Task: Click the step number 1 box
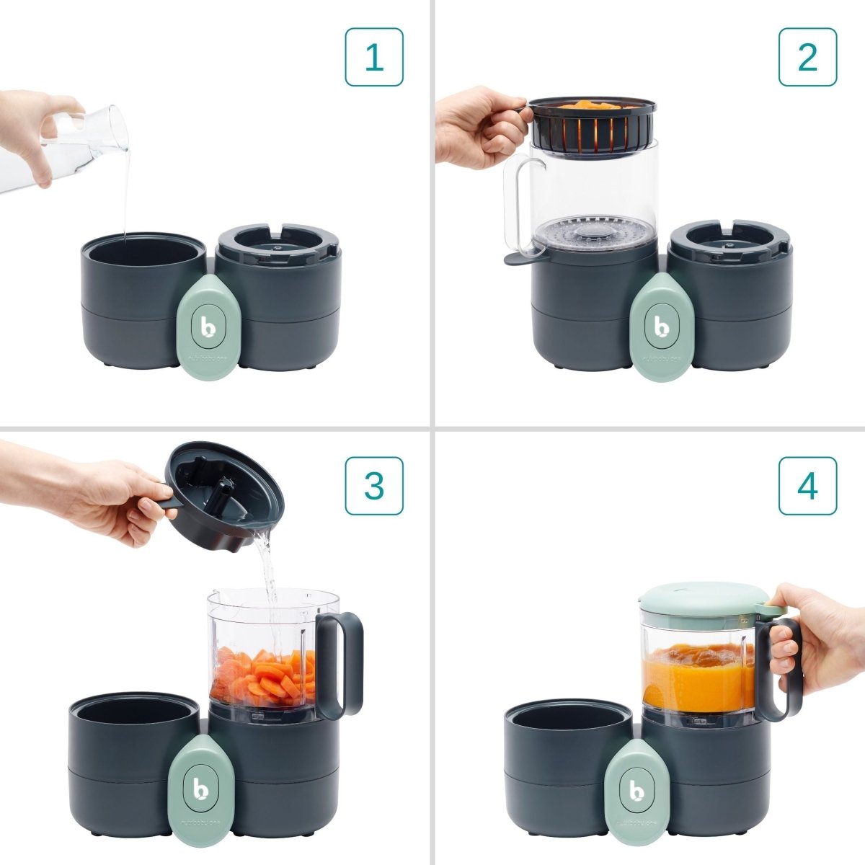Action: coord(373,57)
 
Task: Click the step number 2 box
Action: coord(807,57)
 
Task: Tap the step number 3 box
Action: coord(373,485)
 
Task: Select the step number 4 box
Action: coord(807,485)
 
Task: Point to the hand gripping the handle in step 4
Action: coord(811,634)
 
